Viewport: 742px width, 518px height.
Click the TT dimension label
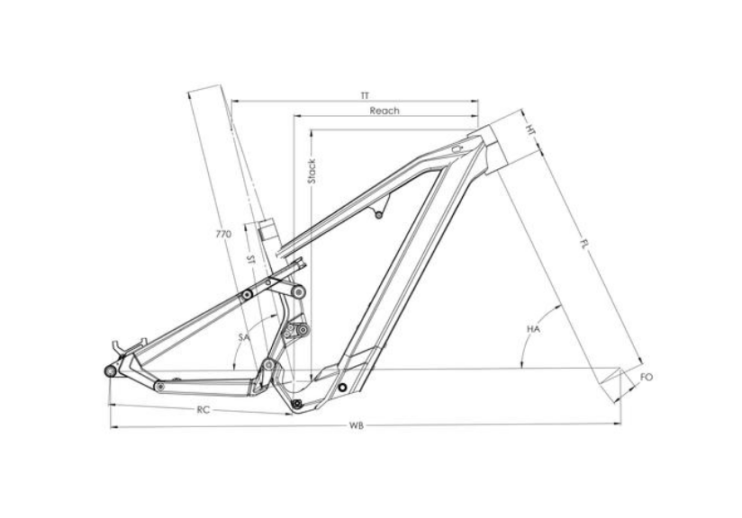[364, 96]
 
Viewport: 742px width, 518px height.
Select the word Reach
[385, 112]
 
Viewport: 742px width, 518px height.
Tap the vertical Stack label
[312, 171]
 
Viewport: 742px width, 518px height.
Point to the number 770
[223, 234]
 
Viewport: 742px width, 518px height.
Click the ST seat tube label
[251, 260]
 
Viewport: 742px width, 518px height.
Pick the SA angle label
[244, 337]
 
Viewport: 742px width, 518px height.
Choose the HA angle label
[533, 328]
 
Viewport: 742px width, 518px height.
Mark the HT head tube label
[531, 129]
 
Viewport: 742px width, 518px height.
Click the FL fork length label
[584, 244]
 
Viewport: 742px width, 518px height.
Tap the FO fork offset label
[647, 377]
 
